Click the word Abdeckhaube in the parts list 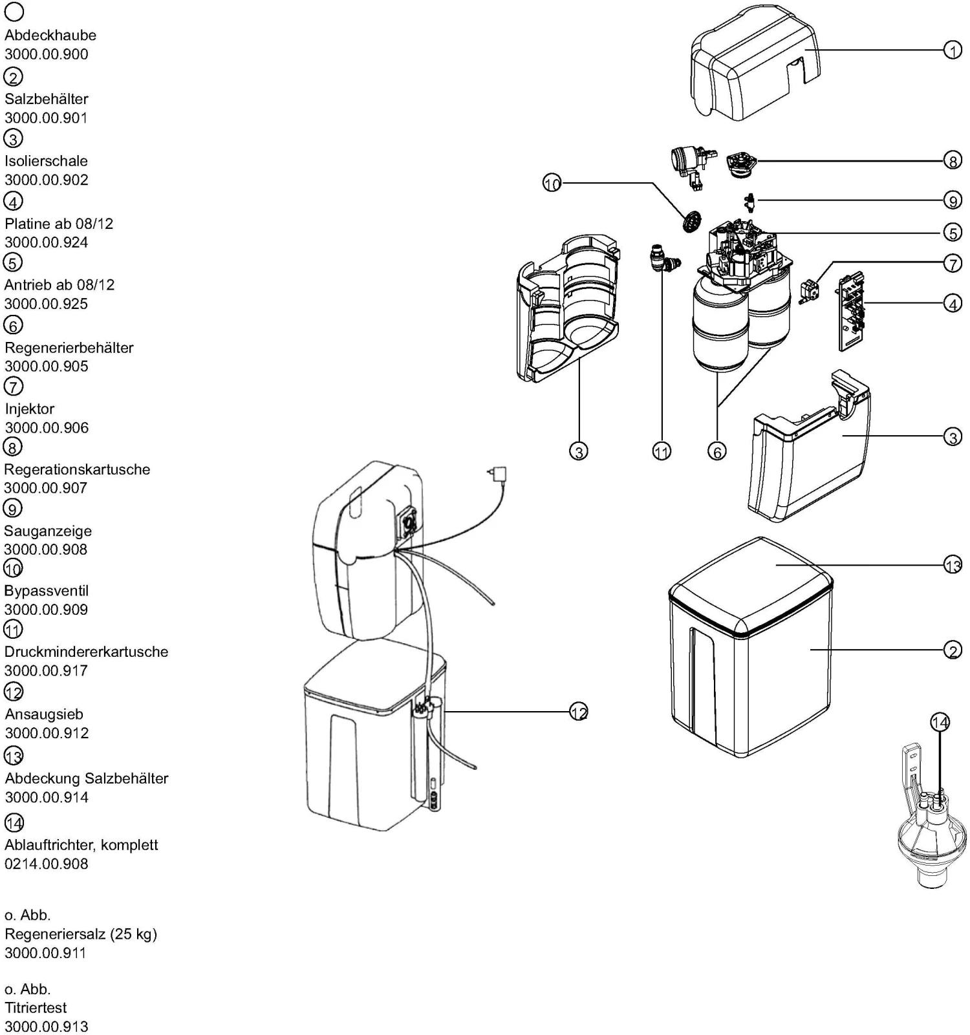[50, 36]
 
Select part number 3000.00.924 [47, 242]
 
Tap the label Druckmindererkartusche [86, 652]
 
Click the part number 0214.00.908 [47, 864]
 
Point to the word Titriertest [36, 1007]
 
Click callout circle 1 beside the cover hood [953, 50]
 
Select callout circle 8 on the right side [953, 160]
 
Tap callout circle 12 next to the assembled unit [578, 712]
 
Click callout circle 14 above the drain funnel [940, 721]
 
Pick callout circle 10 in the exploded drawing [552, 184]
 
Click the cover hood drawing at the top [753, 65]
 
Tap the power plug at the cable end [498, 475]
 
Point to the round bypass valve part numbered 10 [691, 222]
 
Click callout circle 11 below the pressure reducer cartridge [661, 451]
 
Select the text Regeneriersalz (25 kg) [81, 934]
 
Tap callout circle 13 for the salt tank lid [953, 565]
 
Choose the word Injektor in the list [30, 409]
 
